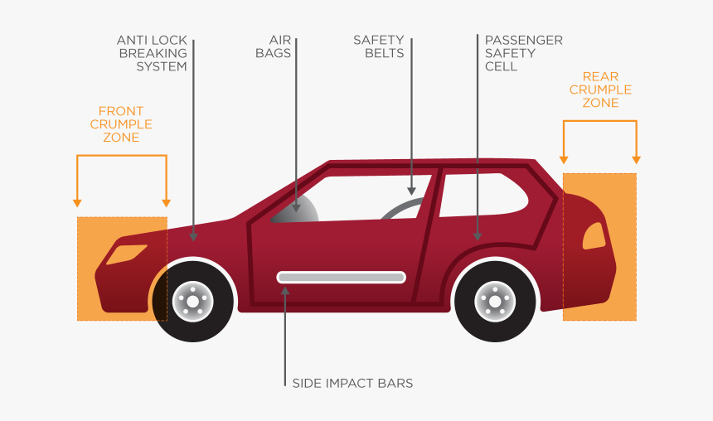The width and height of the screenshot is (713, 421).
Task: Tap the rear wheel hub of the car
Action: (x=495, y=301)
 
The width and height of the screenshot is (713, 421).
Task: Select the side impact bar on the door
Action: (x=341, y=277)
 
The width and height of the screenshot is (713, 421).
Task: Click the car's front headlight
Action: (x=126, y=254)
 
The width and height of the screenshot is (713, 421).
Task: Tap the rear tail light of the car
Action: (x=594, y=236)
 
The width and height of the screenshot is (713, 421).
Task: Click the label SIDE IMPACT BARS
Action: (x=352, y=383)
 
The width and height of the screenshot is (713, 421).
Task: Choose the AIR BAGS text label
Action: (x=279, y=46)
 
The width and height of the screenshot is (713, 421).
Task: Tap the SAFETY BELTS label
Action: (x=379, y=46)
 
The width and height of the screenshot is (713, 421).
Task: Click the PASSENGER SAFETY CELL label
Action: (x=523, y=53)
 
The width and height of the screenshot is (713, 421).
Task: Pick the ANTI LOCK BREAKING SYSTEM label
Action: (x=152, y=53)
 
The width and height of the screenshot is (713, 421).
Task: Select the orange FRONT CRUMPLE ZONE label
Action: (x=121, y=124)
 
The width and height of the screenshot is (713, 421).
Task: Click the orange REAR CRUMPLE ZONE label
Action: (x=600, y=90)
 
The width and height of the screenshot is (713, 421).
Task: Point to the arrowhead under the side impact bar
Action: (x=284, y=291)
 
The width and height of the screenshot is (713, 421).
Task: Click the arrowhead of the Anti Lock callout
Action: (x=193, y=236)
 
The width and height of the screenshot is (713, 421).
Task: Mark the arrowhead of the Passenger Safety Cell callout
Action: (x=478, y=235)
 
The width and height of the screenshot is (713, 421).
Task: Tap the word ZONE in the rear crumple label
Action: (x=600, y=103)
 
